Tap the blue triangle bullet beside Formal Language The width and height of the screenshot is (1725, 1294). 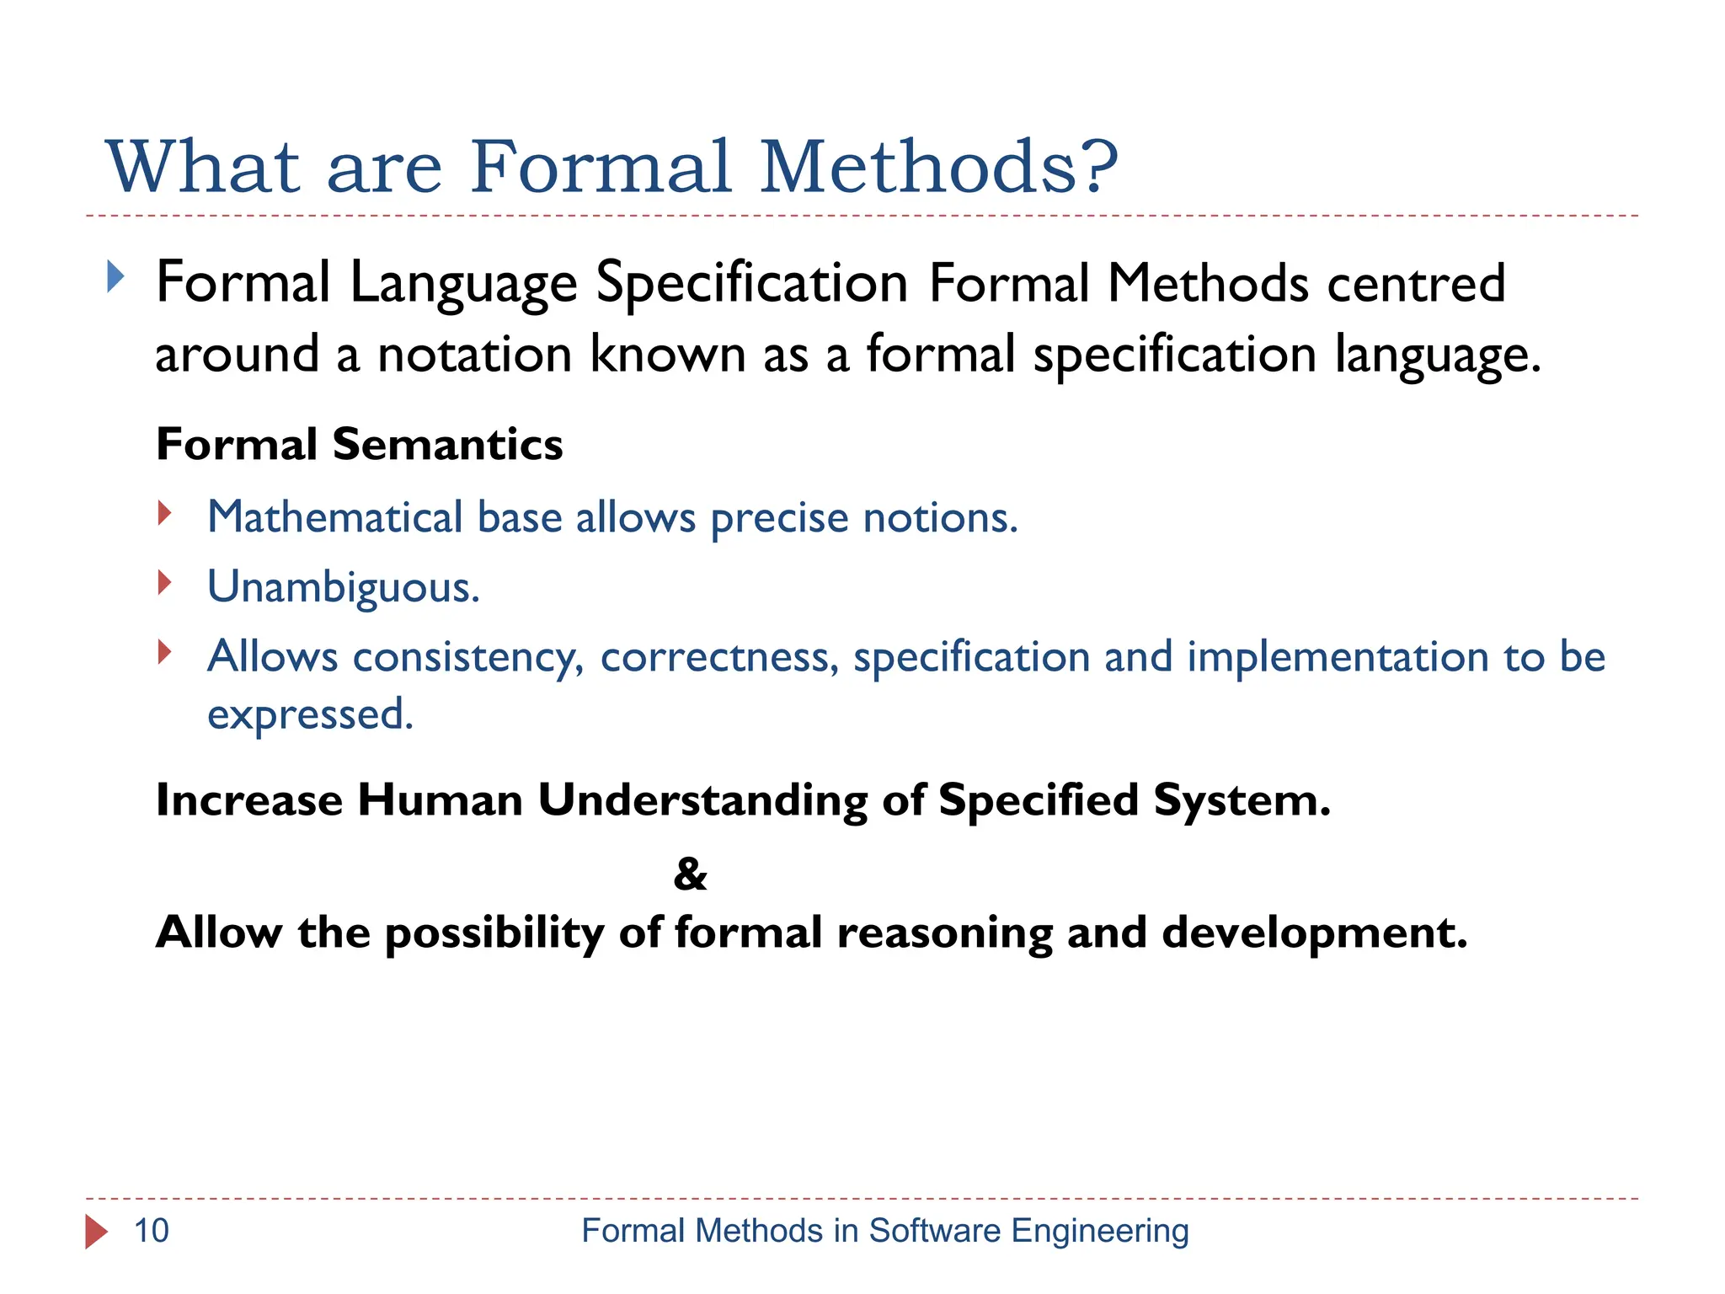click(x=115, y=276)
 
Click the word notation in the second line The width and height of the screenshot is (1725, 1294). click(x=475, y=354)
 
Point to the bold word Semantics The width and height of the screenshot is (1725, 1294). click(x=447, y=444)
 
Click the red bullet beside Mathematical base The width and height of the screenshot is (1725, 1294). click(x=165, y=512)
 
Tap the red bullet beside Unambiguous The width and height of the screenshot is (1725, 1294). click(x=165, y=582)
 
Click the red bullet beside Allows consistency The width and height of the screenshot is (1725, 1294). click(x=165, y=651)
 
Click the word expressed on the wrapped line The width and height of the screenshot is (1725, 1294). click(x=310, y=716)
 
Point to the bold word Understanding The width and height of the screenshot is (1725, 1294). click(x=702, y=799)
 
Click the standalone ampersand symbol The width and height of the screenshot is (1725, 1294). click(x=690, y=874)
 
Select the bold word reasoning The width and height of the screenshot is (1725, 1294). click(x=944, y=933)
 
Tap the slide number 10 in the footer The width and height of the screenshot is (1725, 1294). click(x=152, y=1231)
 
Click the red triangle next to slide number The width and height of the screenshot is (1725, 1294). click(x=96, y=1232)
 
